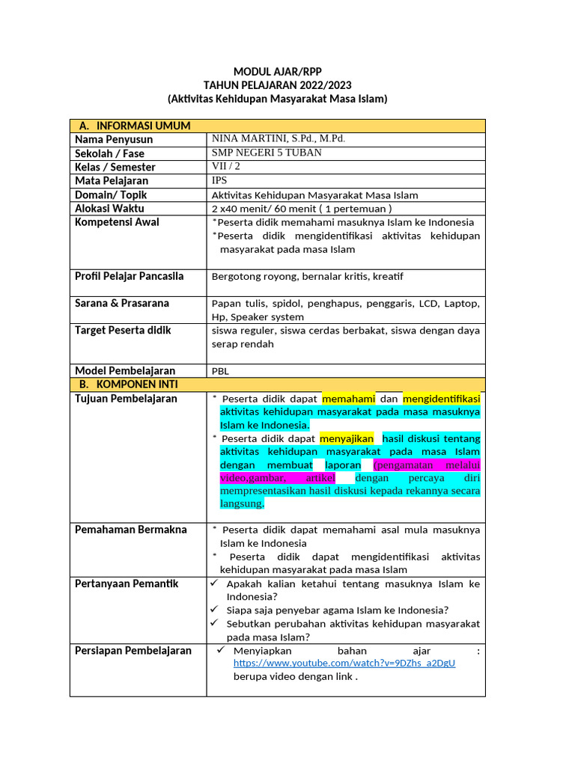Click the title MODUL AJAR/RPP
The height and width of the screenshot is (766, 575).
click(x=277, y=72)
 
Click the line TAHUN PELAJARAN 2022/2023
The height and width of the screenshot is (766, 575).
click(x=277, y=85)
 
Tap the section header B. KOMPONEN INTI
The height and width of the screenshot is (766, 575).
click(x=128, y=384)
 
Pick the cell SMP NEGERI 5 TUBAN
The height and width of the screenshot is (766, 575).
click(x=267, y=153)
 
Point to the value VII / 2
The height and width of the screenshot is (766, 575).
click(x=226, y=167)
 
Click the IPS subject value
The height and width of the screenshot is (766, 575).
click(x=219, y=180)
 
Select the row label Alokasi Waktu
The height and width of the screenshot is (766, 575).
click(x=109, y=209)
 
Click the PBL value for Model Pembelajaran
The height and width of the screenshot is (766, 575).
click(x=221, y=371)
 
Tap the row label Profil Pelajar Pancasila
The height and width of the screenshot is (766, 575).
click(x=129, y=276)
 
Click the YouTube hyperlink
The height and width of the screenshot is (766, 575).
click(x=344, y=663)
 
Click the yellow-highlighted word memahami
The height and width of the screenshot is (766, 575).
click(x=347, y=399)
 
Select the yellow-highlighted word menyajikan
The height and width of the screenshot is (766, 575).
click(x=346, y=438)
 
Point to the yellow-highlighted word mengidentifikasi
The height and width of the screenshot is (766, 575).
click(x=441, y=399)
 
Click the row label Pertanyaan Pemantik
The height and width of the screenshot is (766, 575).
click(x=127, y=583)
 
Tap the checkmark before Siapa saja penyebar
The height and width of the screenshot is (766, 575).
click(x=214, y=610)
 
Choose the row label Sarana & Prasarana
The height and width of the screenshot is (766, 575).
click(x=122, y=303)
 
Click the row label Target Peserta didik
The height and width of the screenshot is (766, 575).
click(x=123, y=330)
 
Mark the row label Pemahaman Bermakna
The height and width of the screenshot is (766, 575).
click(x=130, y=530)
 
